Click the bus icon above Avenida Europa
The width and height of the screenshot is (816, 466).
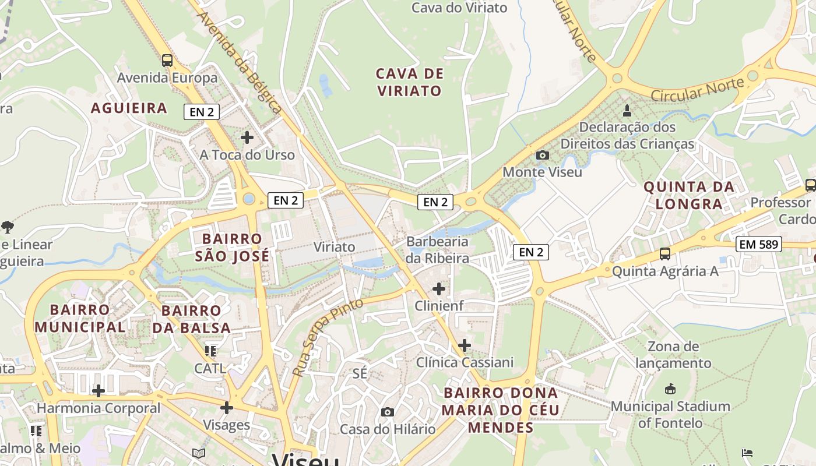point(167,60)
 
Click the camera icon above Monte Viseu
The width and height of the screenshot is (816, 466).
point(542,155)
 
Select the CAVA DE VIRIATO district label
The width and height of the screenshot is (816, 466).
point(409,82)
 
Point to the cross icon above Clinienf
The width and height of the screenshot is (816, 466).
point(438,288)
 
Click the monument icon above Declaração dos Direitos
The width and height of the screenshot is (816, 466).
point(627,110)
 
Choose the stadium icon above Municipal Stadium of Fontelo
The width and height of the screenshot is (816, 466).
point(670,389)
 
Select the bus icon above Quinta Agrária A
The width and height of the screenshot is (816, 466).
point(664,253)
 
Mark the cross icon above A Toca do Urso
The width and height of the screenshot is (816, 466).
point(247,137)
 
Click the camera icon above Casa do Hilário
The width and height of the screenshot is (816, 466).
point(387,412)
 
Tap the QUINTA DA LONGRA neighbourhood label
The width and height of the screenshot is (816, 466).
point(688,196)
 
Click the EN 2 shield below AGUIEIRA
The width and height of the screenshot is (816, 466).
point(202,112)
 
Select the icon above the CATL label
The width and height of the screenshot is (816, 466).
point(210,351)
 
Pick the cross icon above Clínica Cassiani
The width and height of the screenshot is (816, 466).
point(464,345)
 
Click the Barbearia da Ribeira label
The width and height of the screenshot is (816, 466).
point(437,249)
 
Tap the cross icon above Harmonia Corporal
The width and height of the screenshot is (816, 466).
point(99,390)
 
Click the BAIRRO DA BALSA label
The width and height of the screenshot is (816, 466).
point(191,319)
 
